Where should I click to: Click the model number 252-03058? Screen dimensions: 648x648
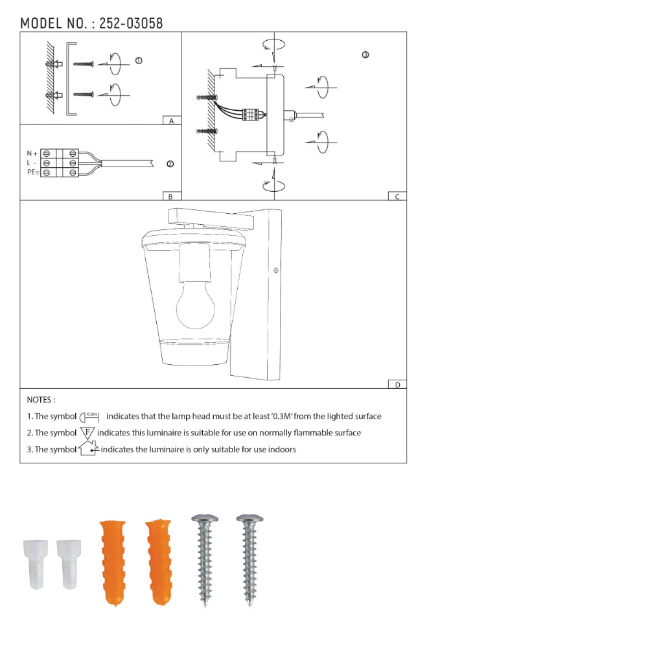131,23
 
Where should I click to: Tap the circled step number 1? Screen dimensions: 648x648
139,61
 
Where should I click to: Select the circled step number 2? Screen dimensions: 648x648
170,164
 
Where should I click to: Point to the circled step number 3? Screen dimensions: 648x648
365,55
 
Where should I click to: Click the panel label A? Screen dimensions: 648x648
172,121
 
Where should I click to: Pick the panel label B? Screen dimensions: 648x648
170,197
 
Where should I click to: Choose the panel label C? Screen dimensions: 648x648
397,197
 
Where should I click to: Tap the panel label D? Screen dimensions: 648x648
398,385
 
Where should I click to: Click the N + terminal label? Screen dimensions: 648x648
32,154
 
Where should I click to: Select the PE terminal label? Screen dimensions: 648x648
32,172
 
